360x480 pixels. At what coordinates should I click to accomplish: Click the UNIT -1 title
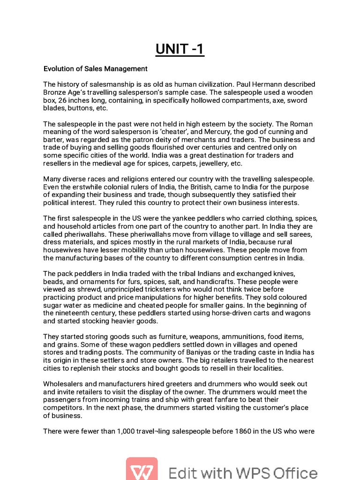180,49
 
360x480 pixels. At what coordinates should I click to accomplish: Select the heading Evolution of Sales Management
95,69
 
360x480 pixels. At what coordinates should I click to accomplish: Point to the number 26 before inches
60,100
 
